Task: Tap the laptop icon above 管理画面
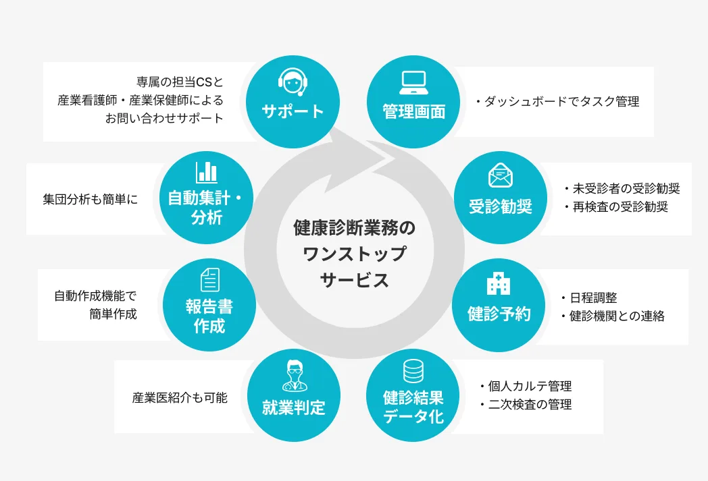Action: coord(413,82)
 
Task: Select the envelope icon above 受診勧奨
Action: coord(501,175)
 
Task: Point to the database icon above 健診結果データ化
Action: coord(413,372)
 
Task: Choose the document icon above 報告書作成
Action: coord(209,279)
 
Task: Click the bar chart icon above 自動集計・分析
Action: coord(207,172)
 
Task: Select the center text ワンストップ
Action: coord(355,254)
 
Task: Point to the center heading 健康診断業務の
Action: coord(355,228)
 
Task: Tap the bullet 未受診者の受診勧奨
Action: coord(626,189)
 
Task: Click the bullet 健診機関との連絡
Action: coord(617,316)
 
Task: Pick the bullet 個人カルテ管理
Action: coord(530,387)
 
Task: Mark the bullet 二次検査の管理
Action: coord(530,405)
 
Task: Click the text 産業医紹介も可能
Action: coord(180,397)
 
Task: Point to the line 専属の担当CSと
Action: coord(179,82)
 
